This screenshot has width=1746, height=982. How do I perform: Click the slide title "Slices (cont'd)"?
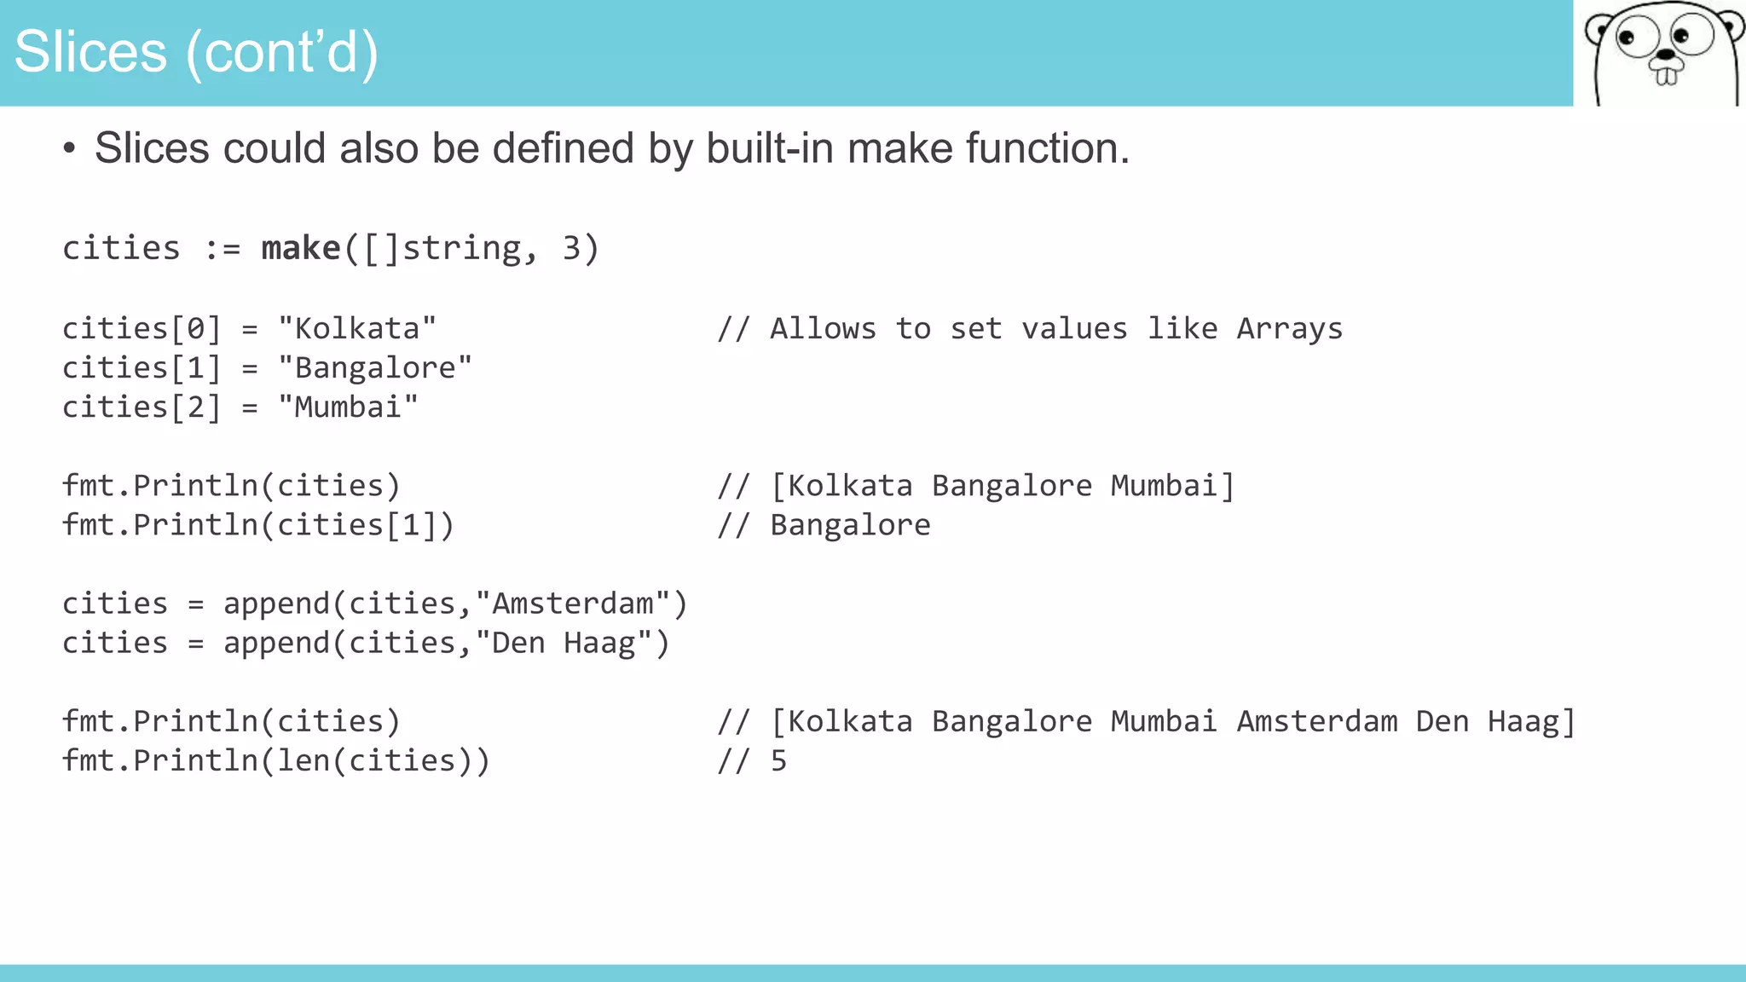point(196,53)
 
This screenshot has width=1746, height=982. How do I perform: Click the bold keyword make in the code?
point(301,249)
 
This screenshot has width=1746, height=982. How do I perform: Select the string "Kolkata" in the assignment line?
point(357,329)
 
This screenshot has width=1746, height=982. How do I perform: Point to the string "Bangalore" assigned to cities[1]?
point(375,368)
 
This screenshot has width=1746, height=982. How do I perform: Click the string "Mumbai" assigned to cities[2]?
point(348,407)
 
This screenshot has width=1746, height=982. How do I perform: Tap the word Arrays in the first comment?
point(1289,329)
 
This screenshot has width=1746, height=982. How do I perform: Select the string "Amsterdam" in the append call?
point(573,604)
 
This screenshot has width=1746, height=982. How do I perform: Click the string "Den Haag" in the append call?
point(564,644)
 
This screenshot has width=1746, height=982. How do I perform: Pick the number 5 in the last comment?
point(778,761)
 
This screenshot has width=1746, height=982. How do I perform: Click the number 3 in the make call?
point(571,249)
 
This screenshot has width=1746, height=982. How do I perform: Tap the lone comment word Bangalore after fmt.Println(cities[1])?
point(850,525)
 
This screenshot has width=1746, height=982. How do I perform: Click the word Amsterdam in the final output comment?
point(1316,722)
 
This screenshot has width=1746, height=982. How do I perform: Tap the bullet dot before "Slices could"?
point(69,149)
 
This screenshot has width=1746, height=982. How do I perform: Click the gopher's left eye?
point(1627,38)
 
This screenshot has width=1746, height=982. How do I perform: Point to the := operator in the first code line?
point(222,249)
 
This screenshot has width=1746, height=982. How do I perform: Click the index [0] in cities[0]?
point(196,329)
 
